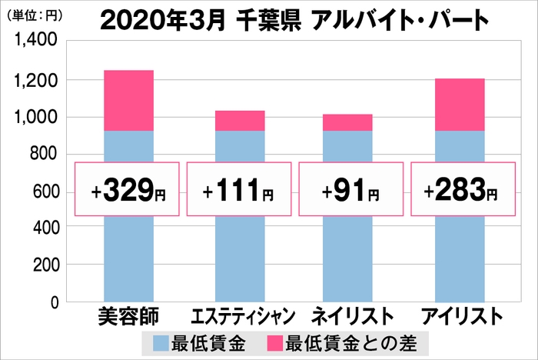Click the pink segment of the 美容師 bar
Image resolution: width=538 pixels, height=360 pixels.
click(x=128, y=101)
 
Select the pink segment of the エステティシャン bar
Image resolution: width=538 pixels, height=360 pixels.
click(x=240, y=121)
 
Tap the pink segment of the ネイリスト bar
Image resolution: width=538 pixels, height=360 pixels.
click(x=348, y=122)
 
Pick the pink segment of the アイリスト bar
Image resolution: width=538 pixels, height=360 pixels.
click(x=459, y=105)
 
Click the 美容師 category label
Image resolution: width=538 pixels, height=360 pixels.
click(x=128, y=316)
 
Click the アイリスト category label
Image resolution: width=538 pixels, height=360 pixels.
click(x=460, y=316)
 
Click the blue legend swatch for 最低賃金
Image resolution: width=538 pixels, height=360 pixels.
click(x=164, y=341)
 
